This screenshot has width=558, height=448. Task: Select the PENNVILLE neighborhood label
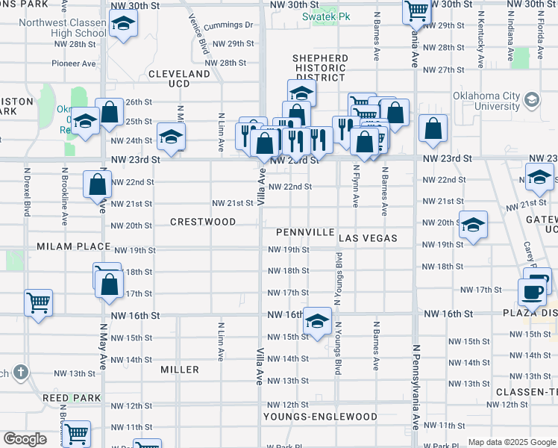[x=304, y=232]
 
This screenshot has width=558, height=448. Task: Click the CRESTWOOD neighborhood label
[x=203, y=222]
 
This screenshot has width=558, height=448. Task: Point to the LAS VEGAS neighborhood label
[x=368, y=238]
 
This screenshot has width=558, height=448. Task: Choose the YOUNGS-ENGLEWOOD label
[x=320, y=417]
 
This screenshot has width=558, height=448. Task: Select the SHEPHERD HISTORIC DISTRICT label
[x=320, y=68]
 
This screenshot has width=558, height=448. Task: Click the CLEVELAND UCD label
[x=179, y=79]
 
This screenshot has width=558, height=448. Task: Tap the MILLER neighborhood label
[x=180, y=370]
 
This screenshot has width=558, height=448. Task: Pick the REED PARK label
[x=72, y=398]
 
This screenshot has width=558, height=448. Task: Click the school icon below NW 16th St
[x=318, y=322]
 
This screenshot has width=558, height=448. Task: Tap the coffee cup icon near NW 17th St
[x=533, y=291]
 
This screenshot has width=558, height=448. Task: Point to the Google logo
[x=25, y=439]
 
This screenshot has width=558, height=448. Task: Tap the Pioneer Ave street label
[x=74, y=63]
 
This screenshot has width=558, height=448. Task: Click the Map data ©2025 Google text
[x=511, y=442]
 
